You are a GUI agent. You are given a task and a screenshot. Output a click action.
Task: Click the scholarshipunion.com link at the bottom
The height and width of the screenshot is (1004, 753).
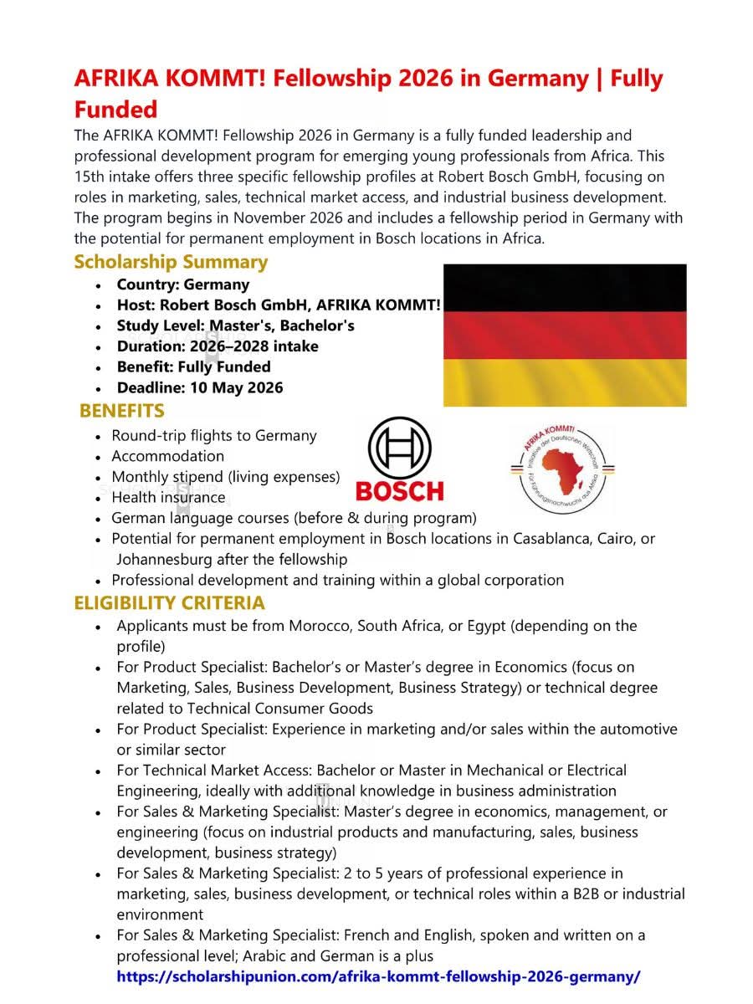pyautogui.click(x=378, y=976)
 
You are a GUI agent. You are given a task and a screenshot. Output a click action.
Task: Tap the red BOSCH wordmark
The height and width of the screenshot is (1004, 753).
pyautogui.click(x=399, y=490)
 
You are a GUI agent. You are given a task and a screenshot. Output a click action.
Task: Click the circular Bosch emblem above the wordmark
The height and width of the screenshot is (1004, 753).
pyautogui.click(x=399, y=448)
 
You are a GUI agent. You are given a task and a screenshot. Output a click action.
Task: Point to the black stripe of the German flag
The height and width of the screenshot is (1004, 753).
pyautogui.click(x=565, y=288)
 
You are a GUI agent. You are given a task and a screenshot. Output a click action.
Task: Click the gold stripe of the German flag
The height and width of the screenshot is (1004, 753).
pyautogui.click(x=565, y=383)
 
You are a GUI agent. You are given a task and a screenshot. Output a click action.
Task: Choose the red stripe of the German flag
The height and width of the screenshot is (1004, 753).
pyautogui.click(x=565, y=336)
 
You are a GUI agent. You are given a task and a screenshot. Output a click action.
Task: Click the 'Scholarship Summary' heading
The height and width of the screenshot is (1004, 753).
pyautogui.click(x=171, y=262)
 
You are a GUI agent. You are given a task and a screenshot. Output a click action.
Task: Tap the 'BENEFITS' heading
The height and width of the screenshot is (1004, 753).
pyautogui.click(x=122, y=411)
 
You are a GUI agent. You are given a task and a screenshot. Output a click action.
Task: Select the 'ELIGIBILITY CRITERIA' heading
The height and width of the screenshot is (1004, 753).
pyautogui.click(x=169, y=602)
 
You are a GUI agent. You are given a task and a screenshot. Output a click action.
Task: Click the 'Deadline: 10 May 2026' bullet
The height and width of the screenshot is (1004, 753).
pyautogui.click(x=199, y=387)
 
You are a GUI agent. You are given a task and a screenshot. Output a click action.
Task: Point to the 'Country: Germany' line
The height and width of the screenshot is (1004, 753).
pyautogui.click(x=182, y=284)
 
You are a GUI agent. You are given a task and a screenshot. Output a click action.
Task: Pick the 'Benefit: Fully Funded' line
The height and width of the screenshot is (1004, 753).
pyautogui.click(x=193, y=366)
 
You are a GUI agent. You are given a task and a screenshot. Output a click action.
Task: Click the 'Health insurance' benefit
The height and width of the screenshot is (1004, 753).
pyautogui.click(x=168, y=498)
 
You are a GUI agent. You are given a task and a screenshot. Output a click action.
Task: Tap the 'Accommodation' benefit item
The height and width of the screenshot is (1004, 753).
pyautogui.click(x=167, y=456)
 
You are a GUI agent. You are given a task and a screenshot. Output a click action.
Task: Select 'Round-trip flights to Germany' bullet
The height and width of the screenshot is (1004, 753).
pyautogui.click(x=213, y=435)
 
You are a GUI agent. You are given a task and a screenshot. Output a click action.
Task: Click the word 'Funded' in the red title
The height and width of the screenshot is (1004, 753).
pyautogui.click(x=115, y=110)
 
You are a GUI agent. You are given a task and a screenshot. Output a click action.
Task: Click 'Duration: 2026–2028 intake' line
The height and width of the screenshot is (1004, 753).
pyautogui.click(x=217, y=346)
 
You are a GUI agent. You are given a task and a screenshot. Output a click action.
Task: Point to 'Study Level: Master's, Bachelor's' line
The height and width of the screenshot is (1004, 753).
pyautogui.click(x=235, y=325)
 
